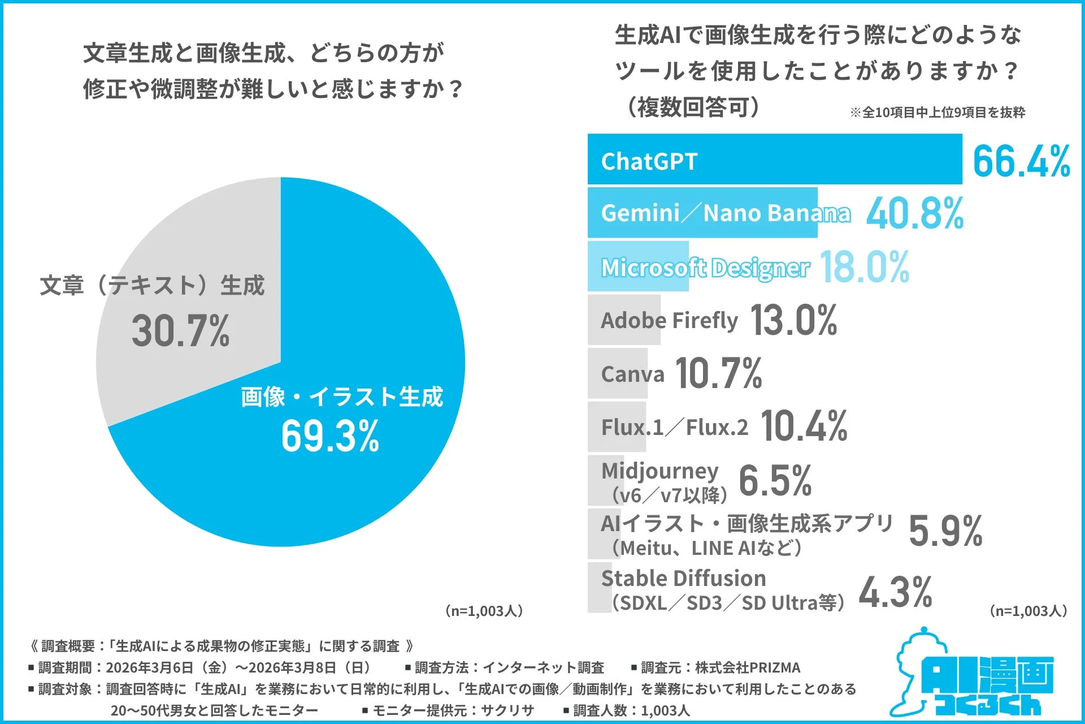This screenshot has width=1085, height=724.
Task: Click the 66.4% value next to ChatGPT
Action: (1021, 161)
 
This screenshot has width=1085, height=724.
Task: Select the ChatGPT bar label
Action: (649, 162)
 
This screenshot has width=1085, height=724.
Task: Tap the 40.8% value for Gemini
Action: (914, 214)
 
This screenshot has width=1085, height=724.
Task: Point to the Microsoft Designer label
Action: (705, 268)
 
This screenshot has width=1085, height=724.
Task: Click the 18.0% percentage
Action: (864, 267)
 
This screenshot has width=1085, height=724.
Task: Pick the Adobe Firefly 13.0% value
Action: (793, 320)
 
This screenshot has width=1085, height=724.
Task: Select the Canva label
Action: (632, 374)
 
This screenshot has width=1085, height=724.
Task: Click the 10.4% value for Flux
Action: (804, 426)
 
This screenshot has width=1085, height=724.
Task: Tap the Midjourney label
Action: (659, 471)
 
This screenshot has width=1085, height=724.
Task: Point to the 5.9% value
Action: (945, 532)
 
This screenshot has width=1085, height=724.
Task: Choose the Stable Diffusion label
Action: (683, 579)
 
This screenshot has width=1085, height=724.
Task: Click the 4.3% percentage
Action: (895, 593)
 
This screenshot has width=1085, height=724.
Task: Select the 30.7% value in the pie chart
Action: (180, 331)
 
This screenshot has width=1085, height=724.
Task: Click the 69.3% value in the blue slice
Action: (330, 437)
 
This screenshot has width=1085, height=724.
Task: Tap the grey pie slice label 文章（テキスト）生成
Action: (152, 285)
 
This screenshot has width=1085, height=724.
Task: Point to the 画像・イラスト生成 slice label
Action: (341, 397)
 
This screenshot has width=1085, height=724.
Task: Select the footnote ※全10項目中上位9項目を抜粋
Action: (937, 113)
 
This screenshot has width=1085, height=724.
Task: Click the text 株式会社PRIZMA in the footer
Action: (747, 667)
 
